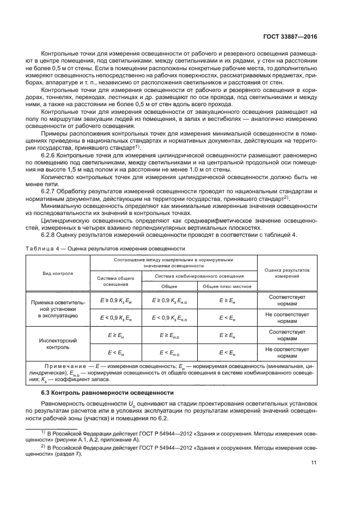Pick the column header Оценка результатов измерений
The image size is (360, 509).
click(x=286, y=272)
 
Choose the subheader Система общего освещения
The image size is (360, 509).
click(x=115, y=281)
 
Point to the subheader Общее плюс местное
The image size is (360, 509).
click(x=227, y=286)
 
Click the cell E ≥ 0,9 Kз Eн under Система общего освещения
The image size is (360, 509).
click(x=115, y=300)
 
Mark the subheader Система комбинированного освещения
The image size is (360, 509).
click(x=199, y=276)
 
